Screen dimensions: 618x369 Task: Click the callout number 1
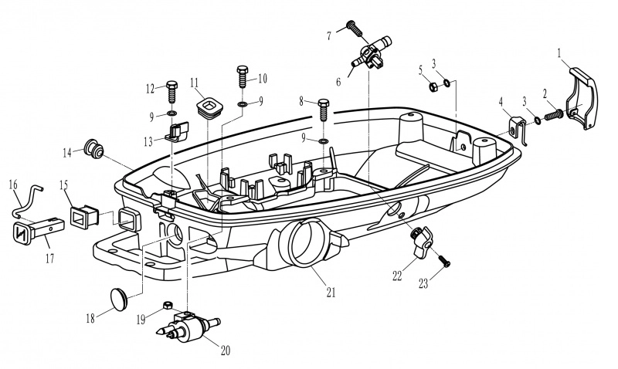[559, 54]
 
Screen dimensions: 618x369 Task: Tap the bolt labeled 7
[355, 29]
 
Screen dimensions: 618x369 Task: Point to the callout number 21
[331, 293]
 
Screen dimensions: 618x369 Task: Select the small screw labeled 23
[443, 261]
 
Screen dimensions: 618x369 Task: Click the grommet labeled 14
[93, 148]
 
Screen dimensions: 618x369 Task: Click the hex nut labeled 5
[433, 86]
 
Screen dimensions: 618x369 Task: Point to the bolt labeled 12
[172, 93]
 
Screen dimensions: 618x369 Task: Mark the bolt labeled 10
[243, 78]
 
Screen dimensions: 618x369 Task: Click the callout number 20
[225, 350]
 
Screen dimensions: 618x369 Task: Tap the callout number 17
[49, 259]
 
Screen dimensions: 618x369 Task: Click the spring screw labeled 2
[555, 115]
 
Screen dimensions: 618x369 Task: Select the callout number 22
[396, 276]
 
